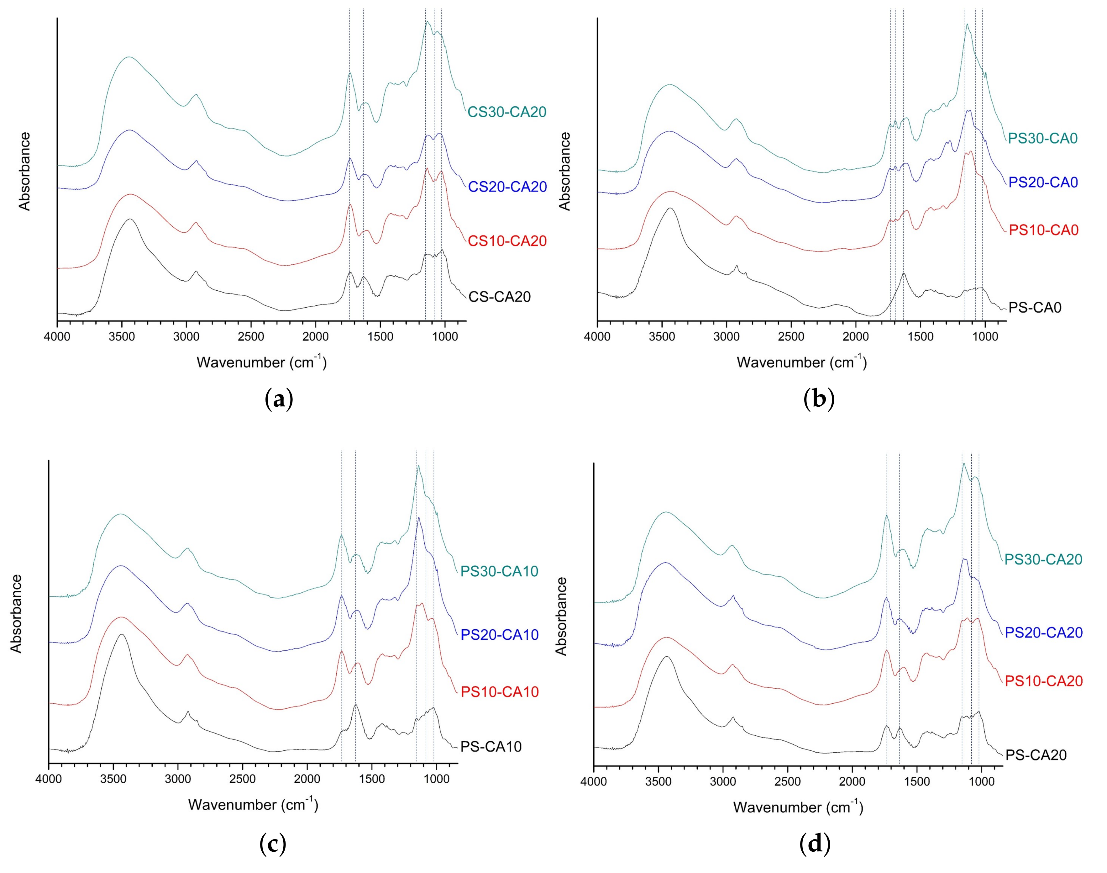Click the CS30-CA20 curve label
pyautogui.click(x=507, y=112)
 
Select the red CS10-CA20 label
pyautogui.click(x=507, y=241)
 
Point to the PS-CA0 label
pyautogui.click(x=1035, y=308)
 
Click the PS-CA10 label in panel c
pyautogui.click(x=491, y=747)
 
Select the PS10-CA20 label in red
pyautogui.click(x=1044, y=681)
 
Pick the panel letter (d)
pyautogui.click(x=814, y=844)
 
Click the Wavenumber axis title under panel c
pyautogui.click(x=253, y=805)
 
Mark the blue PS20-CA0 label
pyautogui.click(x=1043, y=183)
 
